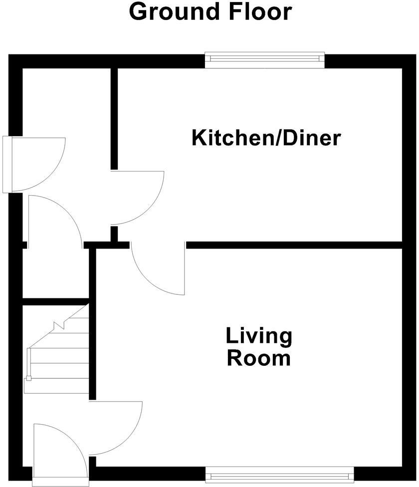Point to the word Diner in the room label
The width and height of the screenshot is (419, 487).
pyautogui.click(x=312, y=138)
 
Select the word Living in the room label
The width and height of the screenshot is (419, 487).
pyautogui.click(x=259, y=336)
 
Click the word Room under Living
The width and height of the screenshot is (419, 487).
pyautogui.click(x=259, y=358)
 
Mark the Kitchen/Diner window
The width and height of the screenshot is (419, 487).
pyautogui.click(x=265, y=59)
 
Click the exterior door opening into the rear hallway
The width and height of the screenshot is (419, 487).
pyautogui.click(x=35, y=165)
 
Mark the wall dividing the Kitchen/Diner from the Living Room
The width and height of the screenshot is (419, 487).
pyautogui.click(x=294, y=244)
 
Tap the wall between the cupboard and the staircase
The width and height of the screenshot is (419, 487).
pyautogui.click(x=55, y=301)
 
